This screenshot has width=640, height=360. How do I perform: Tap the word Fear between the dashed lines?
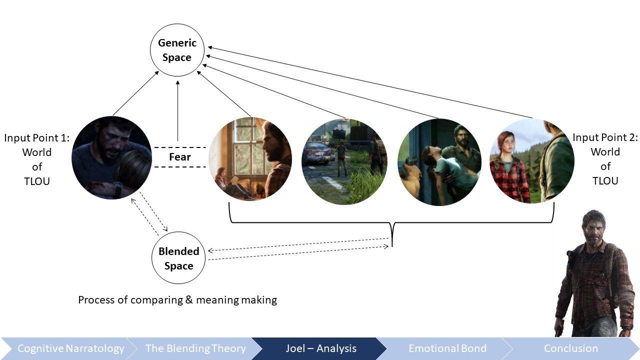[179, 157]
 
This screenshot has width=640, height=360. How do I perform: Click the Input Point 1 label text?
[37, 159]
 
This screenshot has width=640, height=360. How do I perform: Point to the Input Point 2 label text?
[605, 159]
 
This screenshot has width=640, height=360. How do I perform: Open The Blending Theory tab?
[195, 348]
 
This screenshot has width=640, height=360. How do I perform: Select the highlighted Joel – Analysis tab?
[321, 348]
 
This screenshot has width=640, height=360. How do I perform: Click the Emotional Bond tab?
[447, 348]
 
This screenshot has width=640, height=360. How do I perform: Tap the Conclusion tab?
[571, 348]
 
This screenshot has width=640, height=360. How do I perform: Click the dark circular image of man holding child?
[111, 157]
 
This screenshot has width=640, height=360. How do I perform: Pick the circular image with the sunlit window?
[250, 158]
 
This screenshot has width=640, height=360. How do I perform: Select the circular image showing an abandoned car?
[344, 161]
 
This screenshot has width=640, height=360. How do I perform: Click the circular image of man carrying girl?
[439, 162]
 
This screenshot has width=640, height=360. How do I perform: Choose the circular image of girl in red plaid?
[532, 161]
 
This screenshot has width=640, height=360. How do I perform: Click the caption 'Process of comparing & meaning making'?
[177, 300]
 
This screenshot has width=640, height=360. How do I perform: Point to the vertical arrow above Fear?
[177, 111]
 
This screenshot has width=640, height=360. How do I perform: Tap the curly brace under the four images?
[391, 222]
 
